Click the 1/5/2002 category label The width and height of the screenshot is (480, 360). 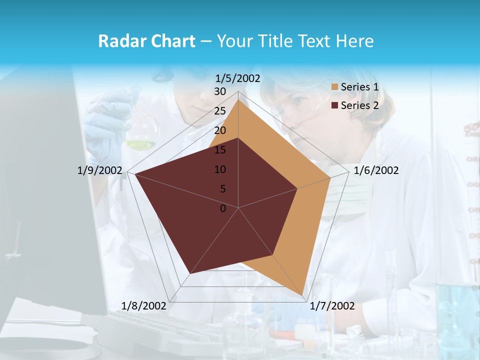(x=238, y=78)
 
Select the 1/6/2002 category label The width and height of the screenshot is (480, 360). (x=376, y=170)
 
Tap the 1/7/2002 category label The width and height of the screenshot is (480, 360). (x=332, y=306)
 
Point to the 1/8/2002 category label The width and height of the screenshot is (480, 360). (x=144, y=306)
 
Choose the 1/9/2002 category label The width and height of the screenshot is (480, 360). (x=100, y=170)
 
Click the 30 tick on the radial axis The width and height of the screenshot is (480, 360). (x=220, y=91)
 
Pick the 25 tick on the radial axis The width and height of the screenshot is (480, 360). (x=220, y=111)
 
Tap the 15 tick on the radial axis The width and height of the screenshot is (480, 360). (x=220, y=150)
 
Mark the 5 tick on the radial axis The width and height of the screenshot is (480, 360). (x=223, y=189)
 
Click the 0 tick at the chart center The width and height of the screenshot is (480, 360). (x=223, y=208)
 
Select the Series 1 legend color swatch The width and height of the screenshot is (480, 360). (x=334, y=87)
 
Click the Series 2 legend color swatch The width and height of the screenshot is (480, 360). (x=334, y=105)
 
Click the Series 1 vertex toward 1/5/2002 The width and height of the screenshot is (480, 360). (x=238, y=100)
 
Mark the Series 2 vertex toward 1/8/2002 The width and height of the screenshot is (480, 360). (x=190, y=274)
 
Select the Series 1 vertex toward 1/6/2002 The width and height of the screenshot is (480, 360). (x=330, y=177)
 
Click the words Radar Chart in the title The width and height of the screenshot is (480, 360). (x=146, y=41)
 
